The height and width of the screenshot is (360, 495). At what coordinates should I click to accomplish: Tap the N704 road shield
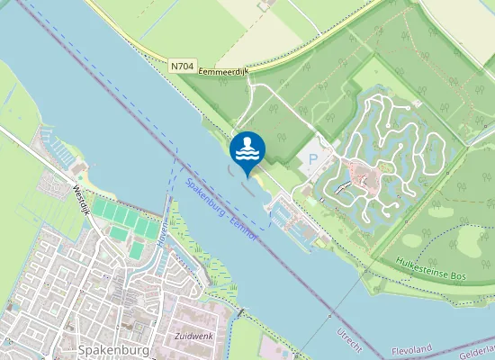point(182,67)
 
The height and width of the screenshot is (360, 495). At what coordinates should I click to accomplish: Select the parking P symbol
point(312,159)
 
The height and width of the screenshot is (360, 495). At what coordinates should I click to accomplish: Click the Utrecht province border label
point(347,335)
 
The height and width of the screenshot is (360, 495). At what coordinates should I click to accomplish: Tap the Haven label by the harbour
point(163,233)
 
